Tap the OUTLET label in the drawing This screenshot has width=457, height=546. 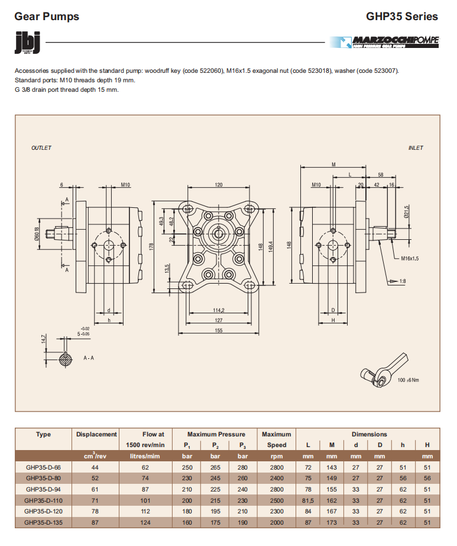point(41,148)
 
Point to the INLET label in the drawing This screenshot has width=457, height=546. point(416,148)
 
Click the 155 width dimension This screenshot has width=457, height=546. point(219,330)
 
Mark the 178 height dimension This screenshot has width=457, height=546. point(151,246)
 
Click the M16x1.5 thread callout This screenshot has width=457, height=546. point(410,258)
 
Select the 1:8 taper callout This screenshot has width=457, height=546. point(402,281)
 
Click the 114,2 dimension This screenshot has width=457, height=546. point(219,310)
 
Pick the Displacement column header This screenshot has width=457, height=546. point(96,434)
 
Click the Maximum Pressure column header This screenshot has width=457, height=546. point(216,434)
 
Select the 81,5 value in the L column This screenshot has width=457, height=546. point(308,500)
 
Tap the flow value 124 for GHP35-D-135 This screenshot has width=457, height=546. point(145,521)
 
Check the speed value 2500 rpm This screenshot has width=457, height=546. point(277,500)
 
